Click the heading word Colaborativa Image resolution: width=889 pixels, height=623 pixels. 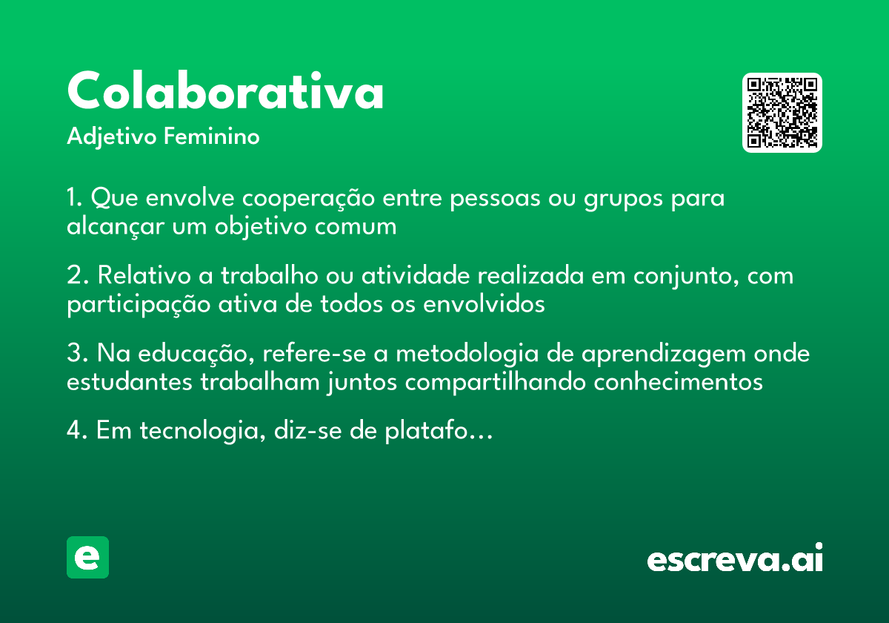click(225, 91)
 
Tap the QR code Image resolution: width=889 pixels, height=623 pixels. click(782, 113)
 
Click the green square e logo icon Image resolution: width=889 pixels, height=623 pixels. click(87, 557)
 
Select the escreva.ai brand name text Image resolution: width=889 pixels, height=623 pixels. click(735, 558)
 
